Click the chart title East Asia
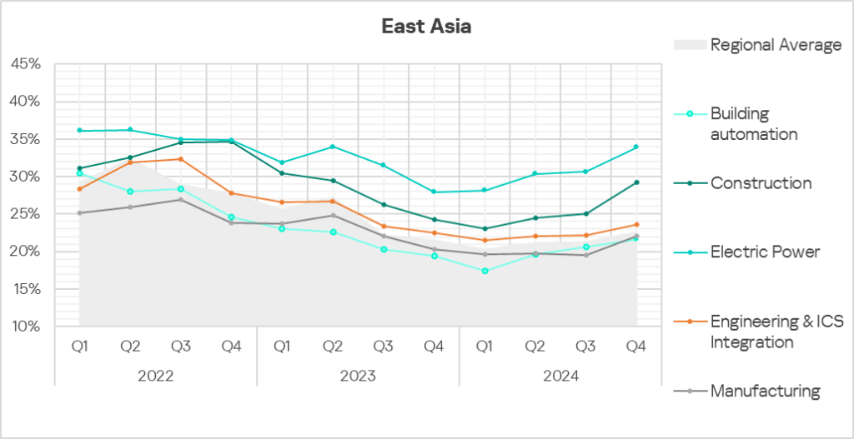click(426, 27)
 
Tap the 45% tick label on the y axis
click(24, 63)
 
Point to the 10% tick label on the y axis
click(24, 326)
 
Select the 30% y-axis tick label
click(24, 176)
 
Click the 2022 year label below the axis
click(155, 376)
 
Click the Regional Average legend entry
click(776, 45)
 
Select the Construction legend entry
click(761, 183)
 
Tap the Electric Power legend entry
click(765, 252)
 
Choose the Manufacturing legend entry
click(765, 391)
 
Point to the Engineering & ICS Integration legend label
click(763, 331)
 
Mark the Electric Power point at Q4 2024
click(635, 147)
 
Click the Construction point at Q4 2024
click(635, 182)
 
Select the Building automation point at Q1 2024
click(485, 271)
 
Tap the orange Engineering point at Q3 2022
click(181, 159)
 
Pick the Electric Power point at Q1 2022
click(79, 130)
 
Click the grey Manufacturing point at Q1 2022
click(79, 212)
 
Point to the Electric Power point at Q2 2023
click(333, 147)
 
